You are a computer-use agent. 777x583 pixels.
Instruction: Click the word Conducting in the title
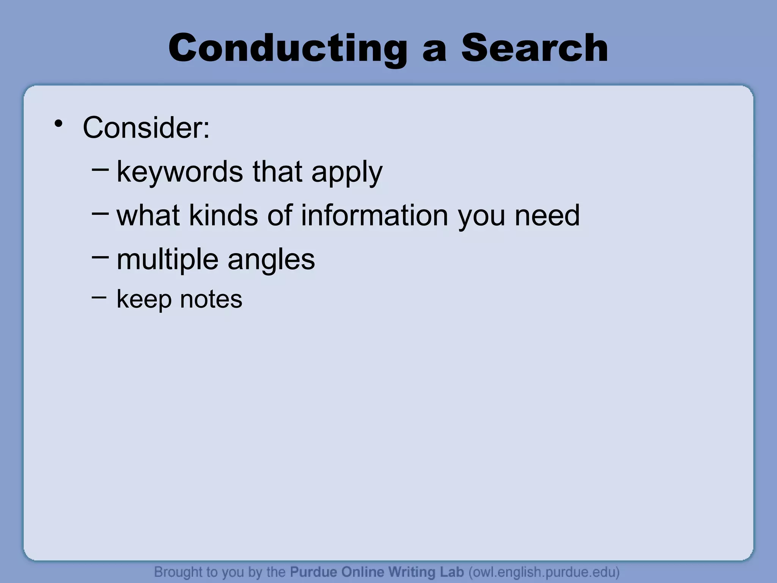[x=288, y=49]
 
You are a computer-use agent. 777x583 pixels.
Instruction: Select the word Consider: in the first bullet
[x=146, y=128]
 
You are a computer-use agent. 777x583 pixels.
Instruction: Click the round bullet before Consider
[x=58, y=123]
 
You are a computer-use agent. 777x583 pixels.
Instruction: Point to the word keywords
[x=179, y=172]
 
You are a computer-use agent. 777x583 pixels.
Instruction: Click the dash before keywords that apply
[x=100, y=167]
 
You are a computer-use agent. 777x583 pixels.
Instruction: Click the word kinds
[x=223, y=215]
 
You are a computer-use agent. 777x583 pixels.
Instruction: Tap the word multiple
[x=167, y=260]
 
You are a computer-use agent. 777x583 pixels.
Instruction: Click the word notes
[x=211, y=299]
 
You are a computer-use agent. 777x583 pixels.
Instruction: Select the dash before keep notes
[x=99, y=296]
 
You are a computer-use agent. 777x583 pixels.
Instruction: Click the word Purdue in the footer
[x=314, y=572]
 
